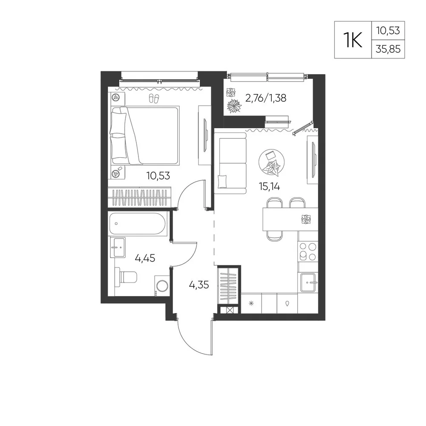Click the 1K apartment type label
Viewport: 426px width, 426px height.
tap(353, 40)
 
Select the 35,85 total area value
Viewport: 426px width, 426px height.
tap(388, 49)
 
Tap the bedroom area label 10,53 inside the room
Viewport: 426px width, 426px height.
tap(158, 176)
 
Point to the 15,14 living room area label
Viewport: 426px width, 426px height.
tap(270, 187)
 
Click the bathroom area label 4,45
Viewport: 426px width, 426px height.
tap(145, 258)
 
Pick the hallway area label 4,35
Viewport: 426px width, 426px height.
tap(199, 285)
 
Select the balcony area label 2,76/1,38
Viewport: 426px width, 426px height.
tap(266, 98)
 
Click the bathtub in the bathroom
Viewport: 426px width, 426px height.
tap(137, 224)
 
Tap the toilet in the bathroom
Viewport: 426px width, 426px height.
tap(126, 276)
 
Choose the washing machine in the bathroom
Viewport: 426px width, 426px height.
tap(162, 286)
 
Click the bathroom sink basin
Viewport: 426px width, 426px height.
tap(118, 247)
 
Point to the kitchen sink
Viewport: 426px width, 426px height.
tap(309, 282)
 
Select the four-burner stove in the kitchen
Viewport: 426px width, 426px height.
tap(308, 251)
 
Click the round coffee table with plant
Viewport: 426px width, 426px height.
tap(272, 162)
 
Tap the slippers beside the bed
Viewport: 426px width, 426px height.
tap(154, 98)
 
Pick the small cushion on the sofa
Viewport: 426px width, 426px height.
tap(222, 181)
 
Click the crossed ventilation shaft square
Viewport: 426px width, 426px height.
tap(229, 310)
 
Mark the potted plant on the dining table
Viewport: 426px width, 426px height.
tap(306, 219)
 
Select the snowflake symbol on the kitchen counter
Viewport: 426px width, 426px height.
tap(251, 303)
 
